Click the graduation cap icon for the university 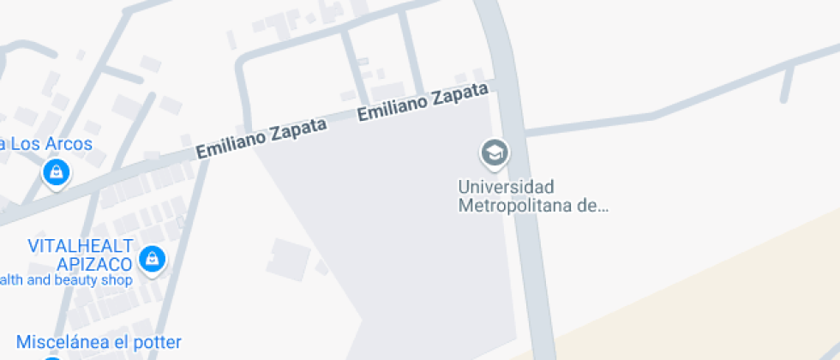(x=495, y=153)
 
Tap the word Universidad (x=506, y=187)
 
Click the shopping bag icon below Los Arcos (x=56, y=172)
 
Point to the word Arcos (x=69, y=144)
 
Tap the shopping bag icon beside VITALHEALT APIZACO (x=153, y=257)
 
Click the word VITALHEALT (x=81, y=246)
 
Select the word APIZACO (x=94, y=263)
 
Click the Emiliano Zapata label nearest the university (x=423, y=102)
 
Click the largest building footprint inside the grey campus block (x=289, y=256)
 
